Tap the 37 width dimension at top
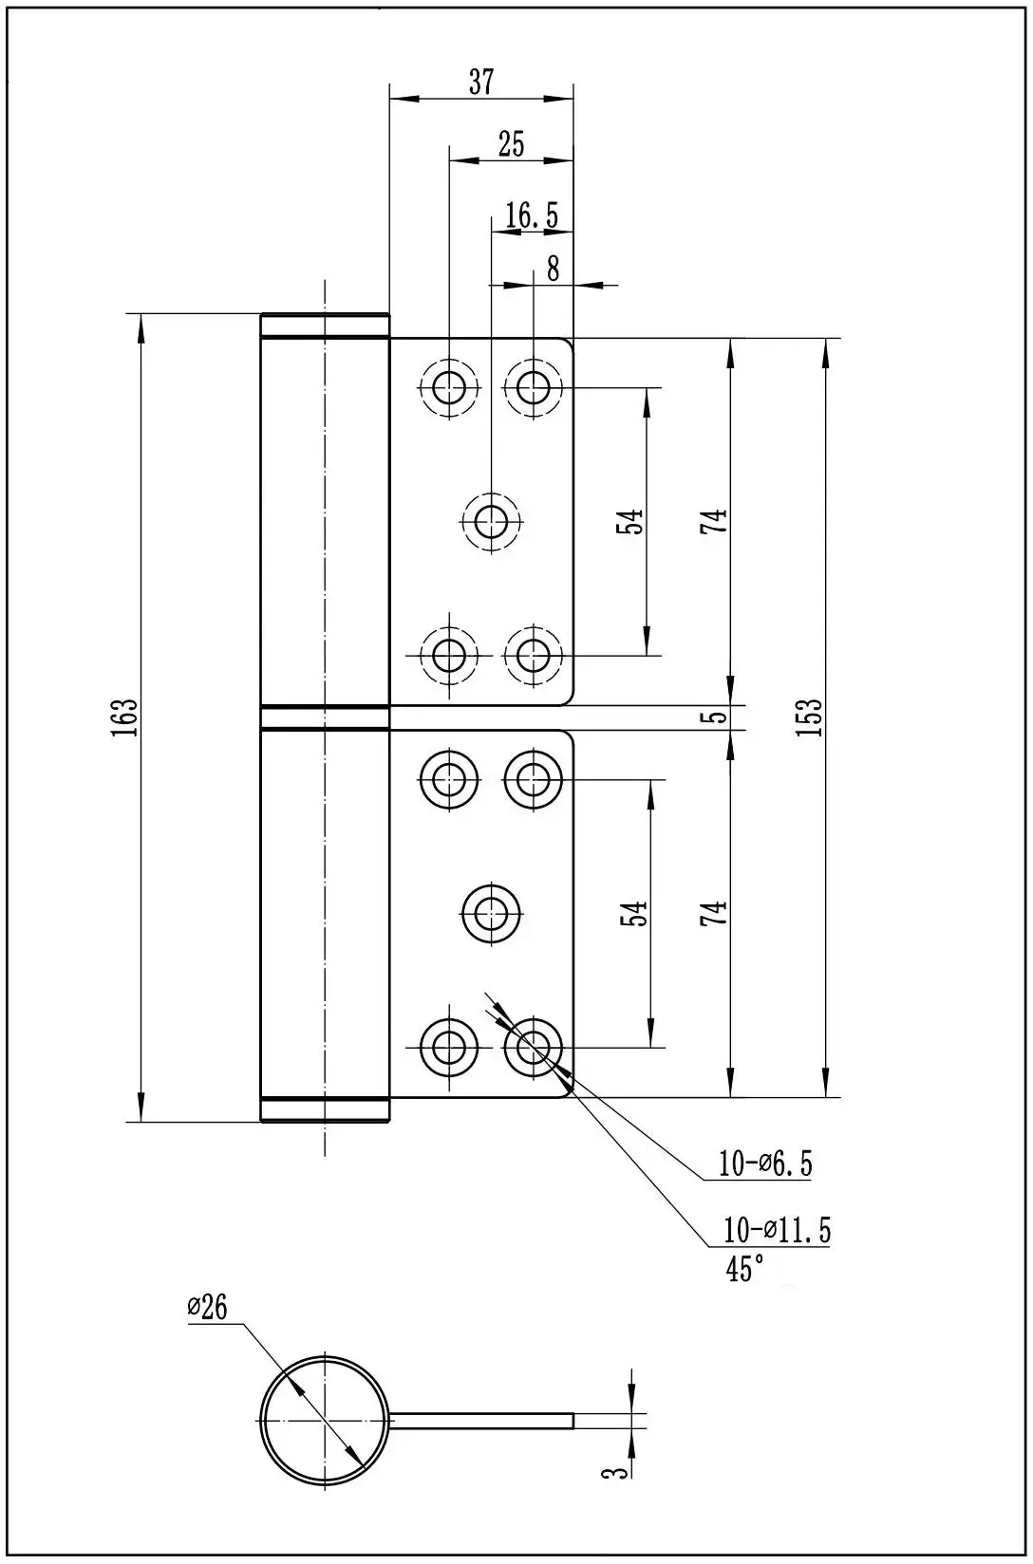(481, 82)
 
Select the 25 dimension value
(511, 144)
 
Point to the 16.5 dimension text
(531, 215)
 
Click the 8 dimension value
(553, 269)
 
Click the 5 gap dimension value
(720, 717)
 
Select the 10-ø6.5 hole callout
(766, 1164)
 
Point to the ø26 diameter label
(207, 1308)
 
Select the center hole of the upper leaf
(491, 520)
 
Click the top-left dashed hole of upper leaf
(449, 386)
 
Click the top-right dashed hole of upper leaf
(534, 386)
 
